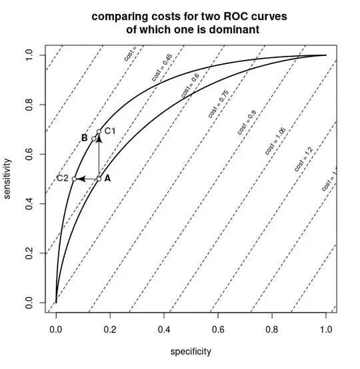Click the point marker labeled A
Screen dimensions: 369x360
(x=99, y=179)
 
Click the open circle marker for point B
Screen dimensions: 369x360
(x=93, y=138)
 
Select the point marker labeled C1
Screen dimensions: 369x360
(x=99, y=132)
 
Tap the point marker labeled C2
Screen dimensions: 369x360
(x=74, y=179)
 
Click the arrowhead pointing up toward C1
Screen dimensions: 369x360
(x=99, y=138)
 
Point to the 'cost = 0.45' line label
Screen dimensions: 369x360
(x=162, y=71)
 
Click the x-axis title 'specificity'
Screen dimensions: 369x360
(x=191, y=350)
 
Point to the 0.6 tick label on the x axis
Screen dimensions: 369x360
(x=217, y=328)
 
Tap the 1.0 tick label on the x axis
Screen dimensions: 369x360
(x=325, y=328)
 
